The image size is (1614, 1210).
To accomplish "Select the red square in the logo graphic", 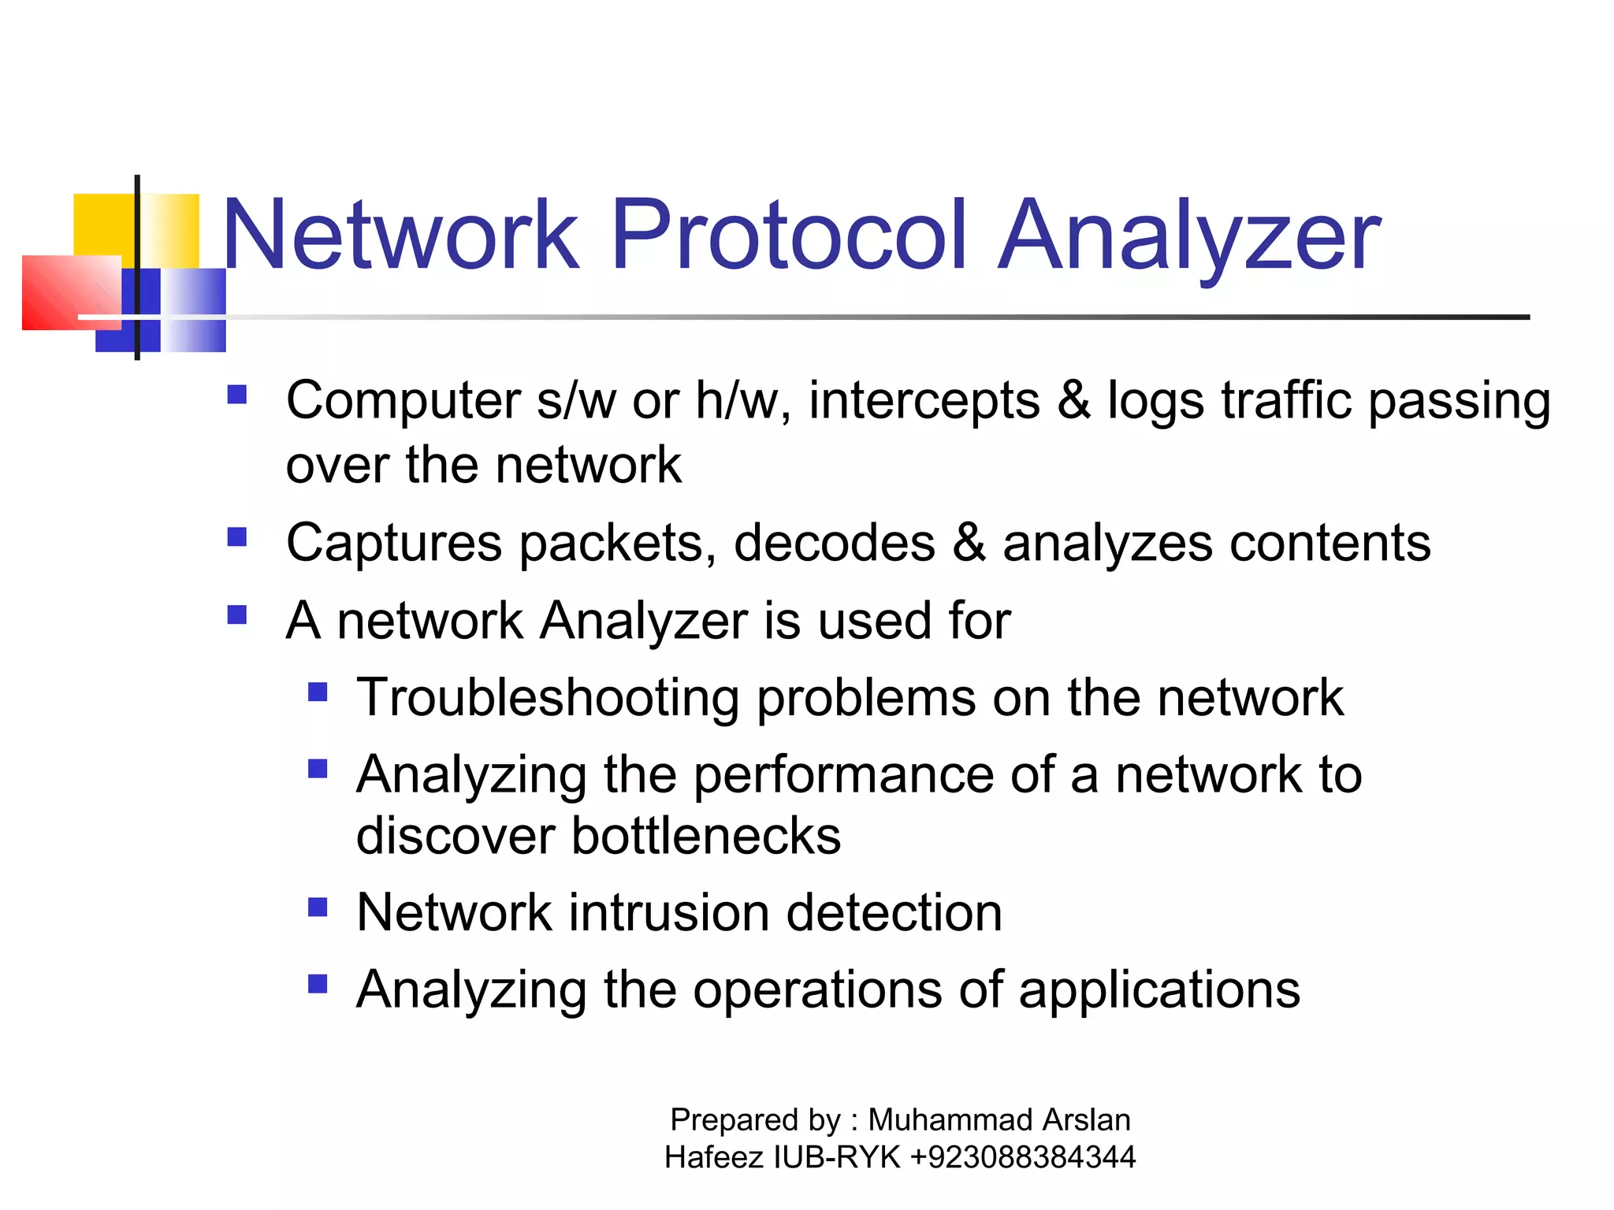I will [69, 291].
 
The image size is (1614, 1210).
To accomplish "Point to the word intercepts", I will [924, 401].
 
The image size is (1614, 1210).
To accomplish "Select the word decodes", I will [834, 543].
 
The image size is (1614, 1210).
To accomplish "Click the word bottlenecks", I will [705, 836].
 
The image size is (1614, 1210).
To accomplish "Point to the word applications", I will [1158, 990].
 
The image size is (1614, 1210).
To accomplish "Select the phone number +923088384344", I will [1022, 1157].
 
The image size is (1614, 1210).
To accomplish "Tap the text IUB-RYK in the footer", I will [837, 1157].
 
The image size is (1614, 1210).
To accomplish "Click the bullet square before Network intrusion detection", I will [318, 907].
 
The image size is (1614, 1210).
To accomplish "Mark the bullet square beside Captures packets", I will [236, 537].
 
